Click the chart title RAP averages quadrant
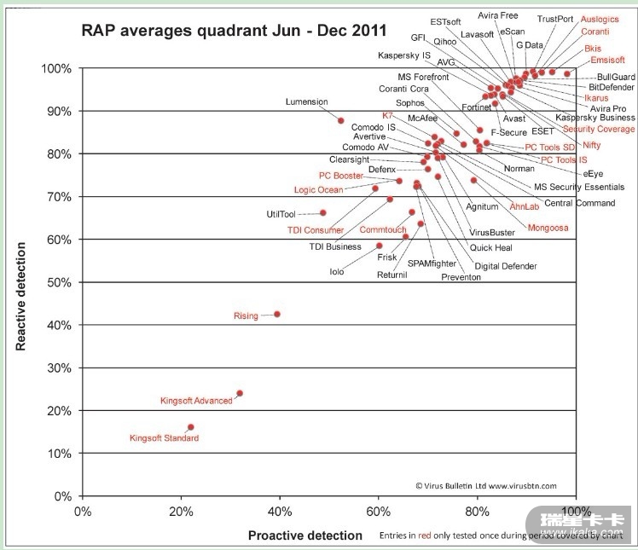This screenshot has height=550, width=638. [234, 31]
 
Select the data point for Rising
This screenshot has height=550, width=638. [276, 314]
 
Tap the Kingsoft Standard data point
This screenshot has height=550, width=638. [190, 427]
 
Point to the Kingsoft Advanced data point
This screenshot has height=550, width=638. [240, 393]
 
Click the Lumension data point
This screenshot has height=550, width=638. [340, 121]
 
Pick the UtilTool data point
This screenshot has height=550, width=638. [323, 212]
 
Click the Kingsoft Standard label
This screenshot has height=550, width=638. [164, 438]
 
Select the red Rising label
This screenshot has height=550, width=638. [246, 316]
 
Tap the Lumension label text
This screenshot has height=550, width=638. [306, 102]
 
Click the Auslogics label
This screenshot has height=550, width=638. [600, 19]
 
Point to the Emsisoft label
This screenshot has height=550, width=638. [607, 61]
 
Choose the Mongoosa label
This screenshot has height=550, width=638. [548, 229]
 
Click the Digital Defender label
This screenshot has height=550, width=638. [506, 266]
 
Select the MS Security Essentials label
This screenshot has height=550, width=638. [579, 187]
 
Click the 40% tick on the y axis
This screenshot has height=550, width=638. [61, 325]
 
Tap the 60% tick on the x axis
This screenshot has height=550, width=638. [378, 512]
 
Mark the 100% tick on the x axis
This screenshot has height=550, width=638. [576, 512]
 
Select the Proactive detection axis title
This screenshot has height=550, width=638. [304, 536]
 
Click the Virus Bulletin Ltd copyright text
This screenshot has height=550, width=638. [486, 486]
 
